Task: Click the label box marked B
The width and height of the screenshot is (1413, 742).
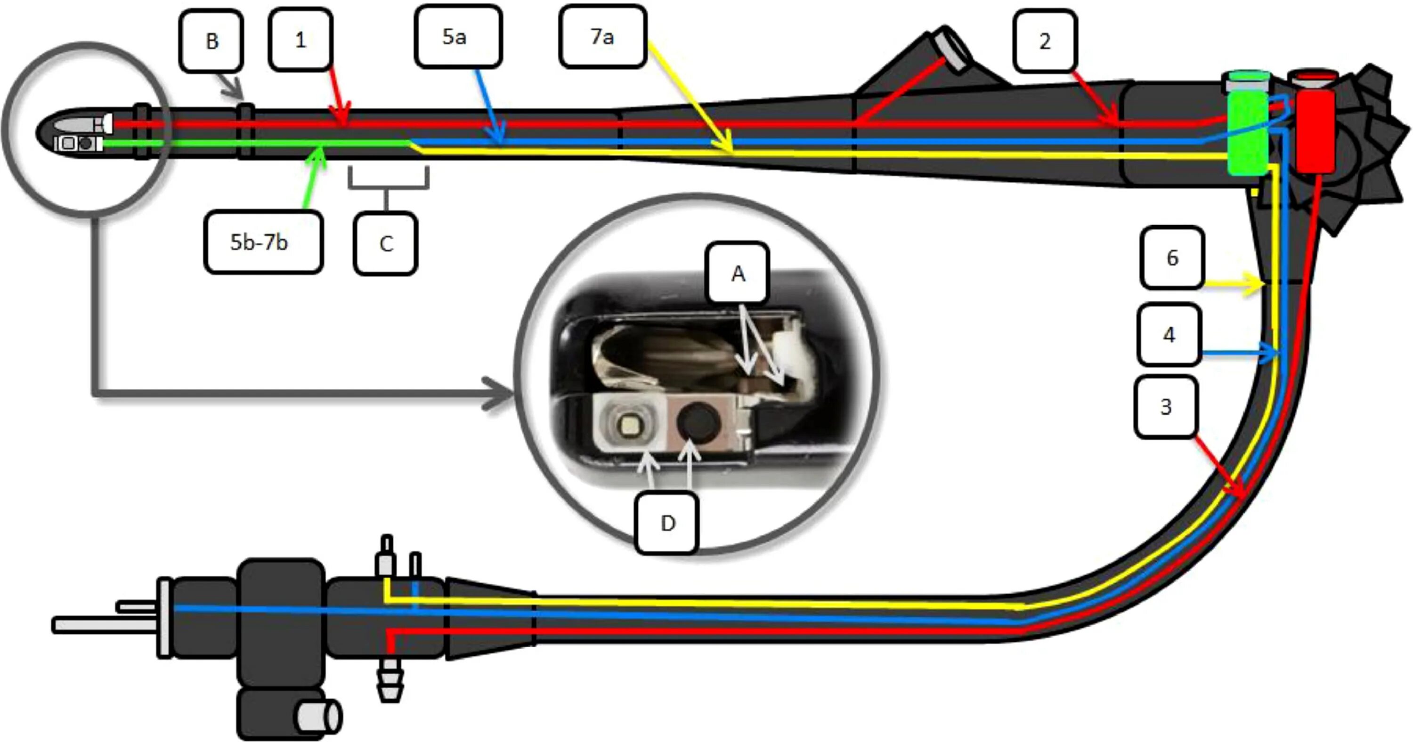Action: point(211,41)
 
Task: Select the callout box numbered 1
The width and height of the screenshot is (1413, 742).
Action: point(300,40)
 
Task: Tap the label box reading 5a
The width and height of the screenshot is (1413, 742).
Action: point(458,37)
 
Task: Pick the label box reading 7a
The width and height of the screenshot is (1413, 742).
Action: point(602,37)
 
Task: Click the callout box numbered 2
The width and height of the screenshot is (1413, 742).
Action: point(1045,41)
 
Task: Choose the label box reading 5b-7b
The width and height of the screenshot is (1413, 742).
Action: point(263,242)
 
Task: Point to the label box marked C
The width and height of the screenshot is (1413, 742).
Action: point(386,243)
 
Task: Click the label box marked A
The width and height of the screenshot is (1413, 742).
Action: point(738,273)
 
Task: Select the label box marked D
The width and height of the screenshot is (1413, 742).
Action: point(667,523)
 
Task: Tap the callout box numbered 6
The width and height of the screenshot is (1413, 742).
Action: point(1172,257)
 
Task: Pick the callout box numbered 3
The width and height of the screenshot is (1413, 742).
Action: point(1166,406)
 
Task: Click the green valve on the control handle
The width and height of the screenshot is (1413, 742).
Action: point(1247,132)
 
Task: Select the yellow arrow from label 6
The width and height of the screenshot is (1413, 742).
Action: point(1234,284)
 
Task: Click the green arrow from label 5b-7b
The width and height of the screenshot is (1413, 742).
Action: point(313,176)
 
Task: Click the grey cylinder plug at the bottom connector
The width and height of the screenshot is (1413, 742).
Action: point(318,716)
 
